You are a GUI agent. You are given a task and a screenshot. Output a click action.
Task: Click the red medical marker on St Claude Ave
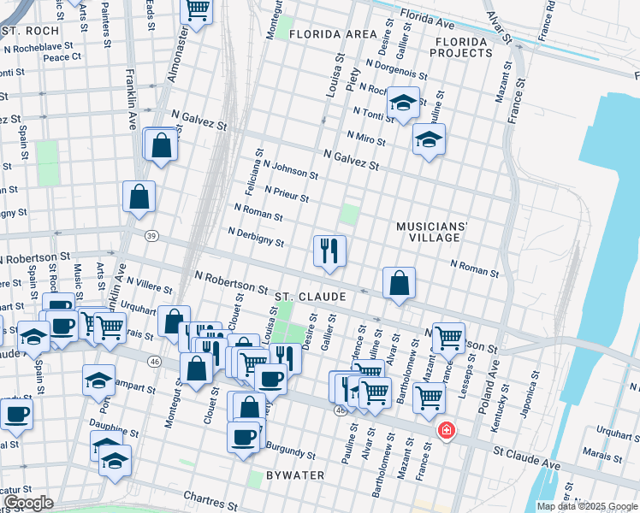[446, 430]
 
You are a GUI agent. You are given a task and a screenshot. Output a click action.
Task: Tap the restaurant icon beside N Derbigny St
[329, 251]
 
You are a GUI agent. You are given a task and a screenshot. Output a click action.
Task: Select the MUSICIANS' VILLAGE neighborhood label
[432, 232]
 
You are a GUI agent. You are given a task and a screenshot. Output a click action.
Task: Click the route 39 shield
[151, 236]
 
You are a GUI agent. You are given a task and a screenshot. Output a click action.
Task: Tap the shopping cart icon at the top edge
[198, 10]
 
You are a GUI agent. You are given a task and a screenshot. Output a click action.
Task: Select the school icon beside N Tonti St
[402, 103]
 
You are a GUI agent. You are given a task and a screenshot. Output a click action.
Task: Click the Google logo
[27, 503]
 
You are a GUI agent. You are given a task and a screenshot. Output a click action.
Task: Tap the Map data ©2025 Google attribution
[586, 506]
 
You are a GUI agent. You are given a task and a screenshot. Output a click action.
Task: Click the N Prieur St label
[287, 194]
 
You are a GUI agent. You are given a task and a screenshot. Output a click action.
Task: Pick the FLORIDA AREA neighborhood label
[332, 34]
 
